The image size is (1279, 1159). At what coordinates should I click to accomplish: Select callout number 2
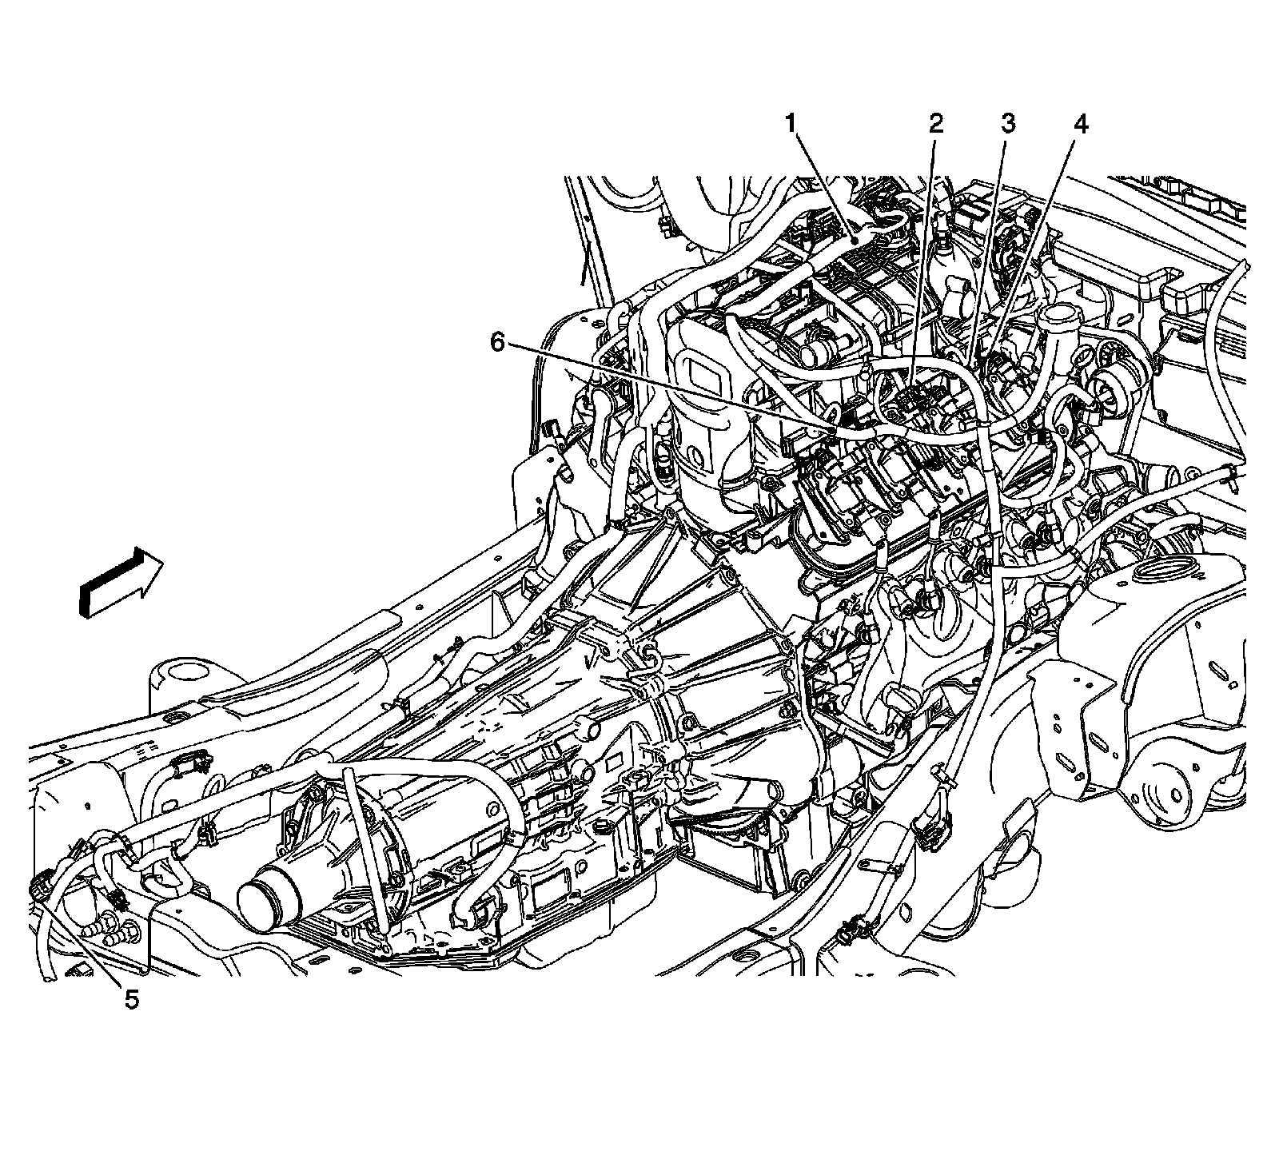click(935, 125)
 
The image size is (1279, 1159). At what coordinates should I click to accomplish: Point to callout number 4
click(1080, 125)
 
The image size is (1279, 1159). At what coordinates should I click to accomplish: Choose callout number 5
click(130, 999)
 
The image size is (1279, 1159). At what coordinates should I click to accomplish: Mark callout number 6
click(497, 343)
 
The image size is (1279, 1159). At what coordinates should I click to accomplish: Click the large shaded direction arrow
click(121, 582)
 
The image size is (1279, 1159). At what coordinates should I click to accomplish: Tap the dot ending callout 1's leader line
click(854, 237)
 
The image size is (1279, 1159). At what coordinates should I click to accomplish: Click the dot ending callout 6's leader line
click(834, 431)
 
